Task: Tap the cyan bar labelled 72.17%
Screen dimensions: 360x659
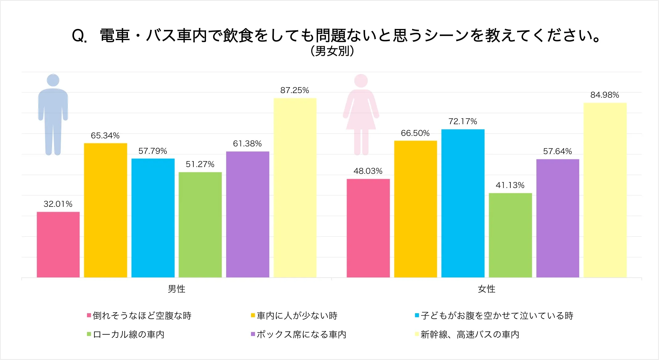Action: point(463,203)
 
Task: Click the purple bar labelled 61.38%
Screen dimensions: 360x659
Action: point(247,214)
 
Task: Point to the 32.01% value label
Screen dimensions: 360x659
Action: point(58,204)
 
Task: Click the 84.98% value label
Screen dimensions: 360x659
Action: point(604,95)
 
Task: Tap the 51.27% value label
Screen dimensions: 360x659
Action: point(200,164)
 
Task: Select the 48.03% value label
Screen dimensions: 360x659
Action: point(368,171)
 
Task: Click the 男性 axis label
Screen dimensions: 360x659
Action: point(176,289)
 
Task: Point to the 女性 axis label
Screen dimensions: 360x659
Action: point(486,289)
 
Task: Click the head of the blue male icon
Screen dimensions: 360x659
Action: point(53,80)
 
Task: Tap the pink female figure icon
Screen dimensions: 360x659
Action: point(361,114)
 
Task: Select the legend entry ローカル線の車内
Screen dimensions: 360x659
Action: point(129,334)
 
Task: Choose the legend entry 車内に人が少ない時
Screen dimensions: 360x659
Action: point(297,316)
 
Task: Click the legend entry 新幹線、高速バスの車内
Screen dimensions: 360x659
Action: point(470,334)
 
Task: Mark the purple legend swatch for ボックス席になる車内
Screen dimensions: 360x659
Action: point(253,334)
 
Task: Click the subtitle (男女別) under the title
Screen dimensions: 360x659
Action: point(332,51)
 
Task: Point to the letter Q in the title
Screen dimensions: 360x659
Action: point(78,36)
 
